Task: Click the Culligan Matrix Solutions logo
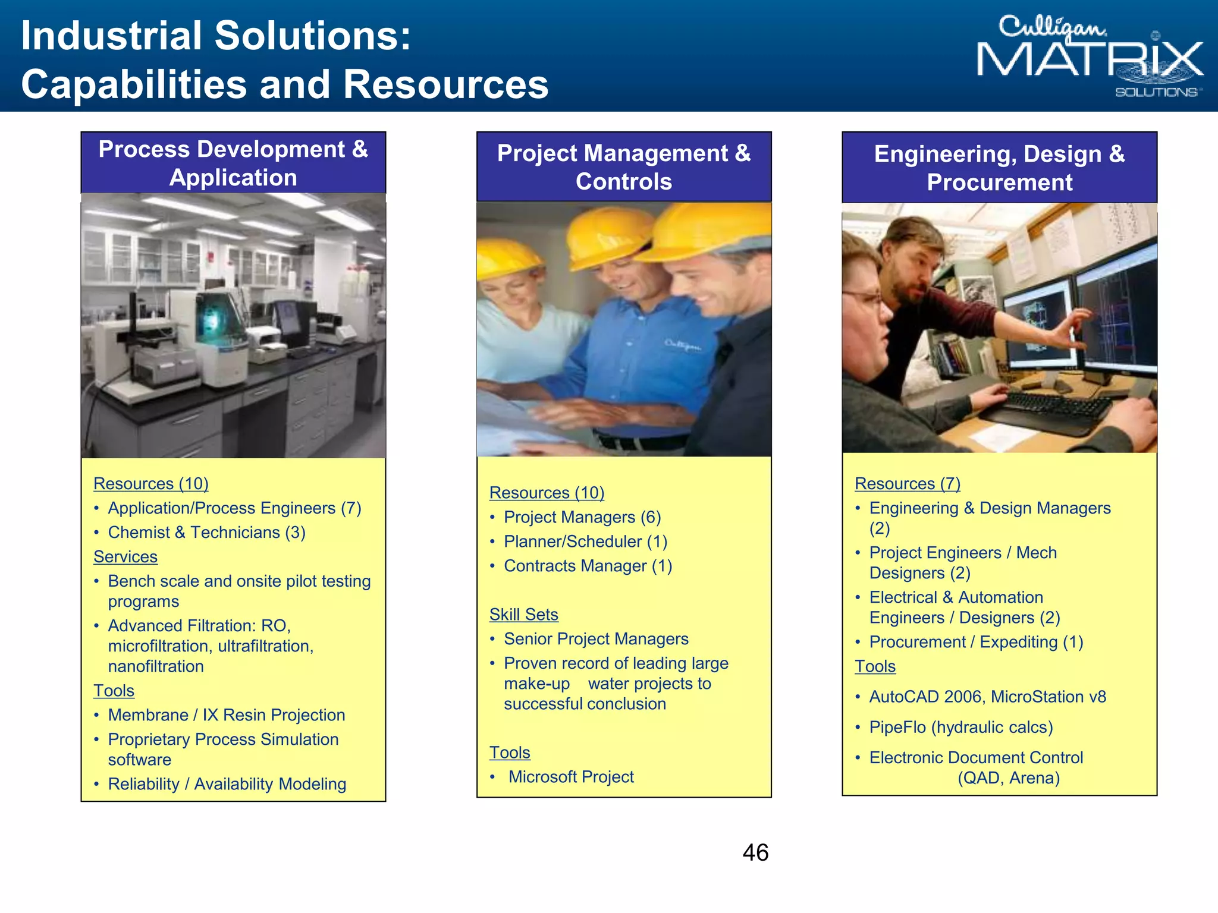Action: [x=1090, y=56]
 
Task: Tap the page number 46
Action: [x=755, y=852]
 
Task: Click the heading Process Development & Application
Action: [x=233, y=163]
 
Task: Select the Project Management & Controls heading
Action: [x=624, y=167]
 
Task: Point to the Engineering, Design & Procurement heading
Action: [x=999, y=168]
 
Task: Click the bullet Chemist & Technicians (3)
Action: [x=206, y=532]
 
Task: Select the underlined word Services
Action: [x=125, y=556]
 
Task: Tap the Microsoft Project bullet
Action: [x=571, y=776]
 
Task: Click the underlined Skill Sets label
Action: [x=523, y=614]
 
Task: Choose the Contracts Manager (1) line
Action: [x=588, y=566]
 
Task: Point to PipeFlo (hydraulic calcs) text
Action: [x=960, y=727]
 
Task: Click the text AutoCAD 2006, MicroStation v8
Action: [x=987, y=697]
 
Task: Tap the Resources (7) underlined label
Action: [x=907, y=483]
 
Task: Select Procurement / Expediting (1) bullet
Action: [x=976, y=642]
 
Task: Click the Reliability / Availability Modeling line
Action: [x=227, y=784]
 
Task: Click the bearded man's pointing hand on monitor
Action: [x=1073, y=330]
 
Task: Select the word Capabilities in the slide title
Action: [x=134, y=84]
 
